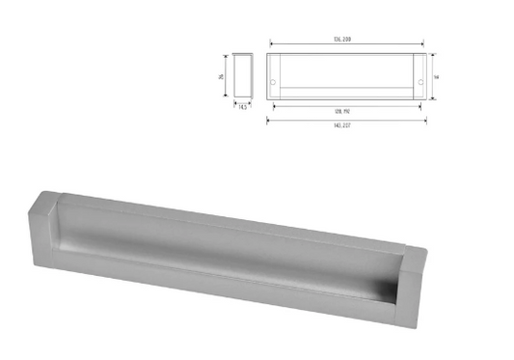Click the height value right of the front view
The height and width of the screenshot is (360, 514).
click(x=437, y=76)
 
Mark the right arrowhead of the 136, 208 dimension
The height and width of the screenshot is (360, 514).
click(x=422, y=43)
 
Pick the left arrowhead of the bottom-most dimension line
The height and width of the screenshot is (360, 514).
click(x=268, y=119)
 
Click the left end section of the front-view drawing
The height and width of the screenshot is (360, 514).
click(x=273, y=76)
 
